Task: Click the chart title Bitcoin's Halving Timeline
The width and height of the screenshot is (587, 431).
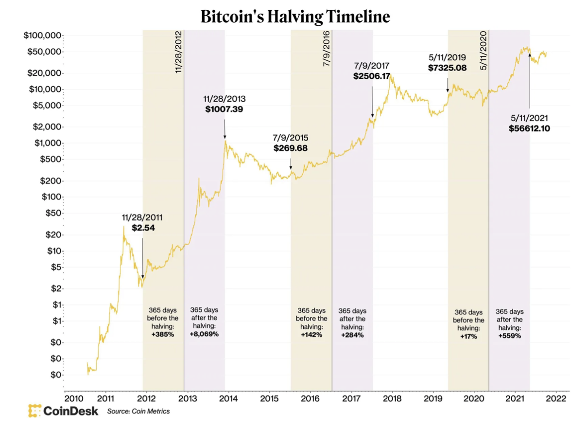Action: pyautogui.click(x=295, y=17)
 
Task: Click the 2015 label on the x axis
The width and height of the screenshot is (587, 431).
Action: pyautogui.click(x=269, y=398)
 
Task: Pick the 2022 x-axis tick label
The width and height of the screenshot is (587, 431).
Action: pyautogui.click(x=555, y=398)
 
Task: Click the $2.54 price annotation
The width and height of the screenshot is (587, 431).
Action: pyautogui.click(x=143, y=227)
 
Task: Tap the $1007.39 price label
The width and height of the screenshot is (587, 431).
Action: pyautogui.click(x=224, y=109)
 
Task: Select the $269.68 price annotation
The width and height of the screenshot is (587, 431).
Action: pyautogui.click(x=291, y=148)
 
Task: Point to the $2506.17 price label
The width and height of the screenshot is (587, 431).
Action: pyautogui.click(x=372, y=76)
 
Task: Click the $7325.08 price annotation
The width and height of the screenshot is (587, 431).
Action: pyautogui.click(x=447, y=68)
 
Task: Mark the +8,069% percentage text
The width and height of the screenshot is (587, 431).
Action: pyautogui.click(x=204, y=334)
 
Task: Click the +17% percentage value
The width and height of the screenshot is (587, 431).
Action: pyautogui.click(x=468, y=336)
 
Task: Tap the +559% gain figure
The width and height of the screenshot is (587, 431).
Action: pyautogui.click(x=509, y=335)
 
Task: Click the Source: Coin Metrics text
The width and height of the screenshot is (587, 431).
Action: pyautogui.click(x=139, y=412)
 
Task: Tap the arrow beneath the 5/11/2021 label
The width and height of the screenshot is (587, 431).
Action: pyautogui.click(x=530, y=78)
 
